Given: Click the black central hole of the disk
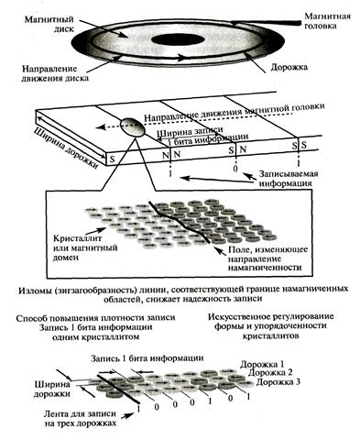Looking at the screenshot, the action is pyautogui.click(x=178, y=40).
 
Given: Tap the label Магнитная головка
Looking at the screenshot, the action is pyautogui.click(x=327, y=21).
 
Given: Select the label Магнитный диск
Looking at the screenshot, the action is pyautogui.click(x=49, y=24).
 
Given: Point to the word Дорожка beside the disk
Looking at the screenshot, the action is pyautogui.click(x=289, y=67).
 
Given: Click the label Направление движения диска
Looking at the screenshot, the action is pyautogui.click(x=55, y=73).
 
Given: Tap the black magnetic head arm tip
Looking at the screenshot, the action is pyautogui.click(x=296, y=23).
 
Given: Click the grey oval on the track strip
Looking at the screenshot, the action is pyautogui.click(x=132, y=127).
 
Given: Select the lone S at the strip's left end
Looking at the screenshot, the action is pyautogui.click(x=112, y=159).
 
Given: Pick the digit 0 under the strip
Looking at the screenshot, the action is pyautogui.click(x=235, y=168).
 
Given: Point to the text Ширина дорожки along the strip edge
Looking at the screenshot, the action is pyautogui.click(x=67, y=148).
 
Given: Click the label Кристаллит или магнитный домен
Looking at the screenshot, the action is pyautogui.click(x=85, y=247).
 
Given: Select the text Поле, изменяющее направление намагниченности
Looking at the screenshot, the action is pyautogui.click(x=267, y=258).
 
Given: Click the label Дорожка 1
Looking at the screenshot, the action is pyautogui.click(x=262, y=364).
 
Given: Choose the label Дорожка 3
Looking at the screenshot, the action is pyautogui.click(x=278, y=382).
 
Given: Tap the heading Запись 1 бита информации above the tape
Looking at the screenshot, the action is pyautogui.click(x=147, y=357).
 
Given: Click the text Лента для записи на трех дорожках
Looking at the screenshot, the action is pyautogui.click(x=80, y=419).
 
